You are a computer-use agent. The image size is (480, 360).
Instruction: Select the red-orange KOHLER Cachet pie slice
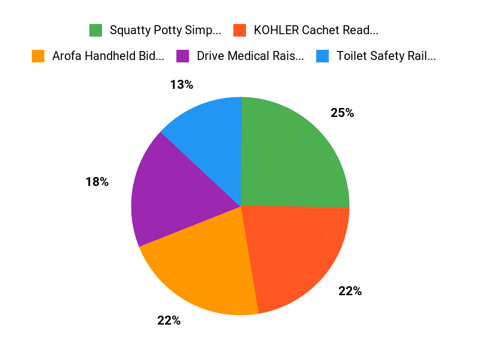[x=297, y=255]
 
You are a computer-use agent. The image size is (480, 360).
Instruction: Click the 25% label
[x=342, y=113]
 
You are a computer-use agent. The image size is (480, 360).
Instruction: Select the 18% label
[x=97, y=182]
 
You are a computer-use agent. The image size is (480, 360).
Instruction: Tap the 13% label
[x=181, y=85]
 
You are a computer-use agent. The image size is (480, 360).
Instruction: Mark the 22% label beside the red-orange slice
[x=350, y=291]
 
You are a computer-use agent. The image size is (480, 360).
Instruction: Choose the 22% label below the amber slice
[x=169, y=320]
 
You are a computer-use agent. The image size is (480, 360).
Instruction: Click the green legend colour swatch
[x=95, y=30]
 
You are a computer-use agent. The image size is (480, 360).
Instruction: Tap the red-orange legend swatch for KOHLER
[x=240, y=30]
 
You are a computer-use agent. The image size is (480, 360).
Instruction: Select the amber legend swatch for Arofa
[x=38, y=56]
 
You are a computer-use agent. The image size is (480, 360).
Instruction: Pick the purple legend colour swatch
[x=182, y=56]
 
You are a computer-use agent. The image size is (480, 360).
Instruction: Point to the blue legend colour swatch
[x=322, y=56]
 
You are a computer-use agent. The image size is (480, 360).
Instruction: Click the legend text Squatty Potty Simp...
[x=165, y=30]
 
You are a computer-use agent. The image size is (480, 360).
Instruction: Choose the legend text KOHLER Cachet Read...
[x=316, y=30]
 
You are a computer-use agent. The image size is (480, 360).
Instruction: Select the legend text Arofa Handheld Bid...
[x=108, y=56]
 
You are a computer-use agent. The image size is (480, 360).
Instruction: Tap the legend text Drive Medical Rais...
[x=250, y=56]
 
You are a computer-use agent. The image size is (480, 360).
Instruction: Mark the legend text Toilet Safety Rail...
[x=386, y=56]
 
